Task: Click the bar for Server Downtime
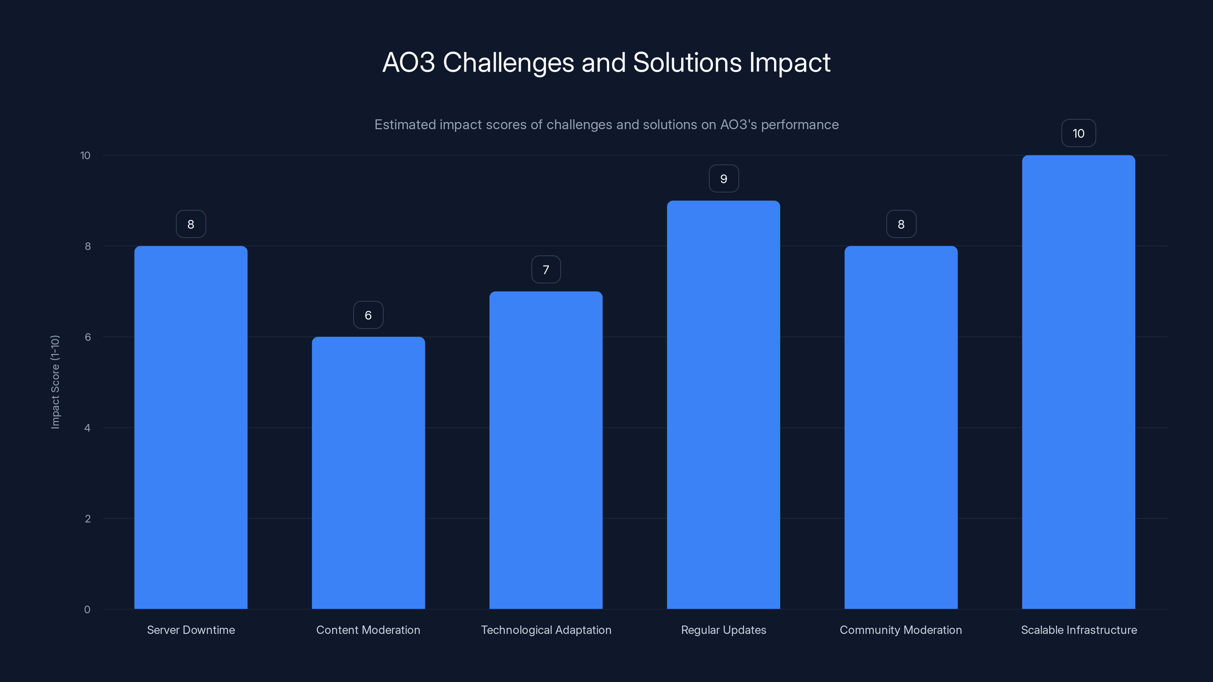coord(191,427)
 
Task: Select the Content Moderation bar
coord(368,472)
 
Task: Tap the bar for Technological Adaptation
coord(546,450)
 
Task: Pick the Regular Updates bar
coord(723,405)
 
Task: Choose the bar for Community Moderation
coord(901,427)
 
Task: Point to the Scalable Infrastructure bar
coord(1078,382)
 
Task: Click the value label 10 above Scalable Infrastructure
coord(1078,133)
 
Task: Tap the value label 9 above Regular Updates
coord(724,179)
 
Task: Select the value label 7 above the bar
coord(546,270)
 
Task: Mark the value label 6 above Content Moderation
coord(368,315)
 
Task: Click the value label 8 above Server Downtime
coord(191,224)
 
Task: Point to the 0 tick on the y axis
coord(87,610)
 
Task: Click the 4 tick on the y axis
coord(87,428)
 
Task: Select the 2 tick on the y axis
coord(87,519)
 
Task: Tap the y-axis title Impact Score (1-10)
coord(55,382)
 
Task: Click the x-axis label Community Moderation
coord(901,630)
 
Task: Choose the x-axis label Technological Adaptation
coord(546,630)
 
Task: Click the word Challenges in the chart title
coord(508,63)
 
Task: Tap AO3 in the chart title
coord(408,63)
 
